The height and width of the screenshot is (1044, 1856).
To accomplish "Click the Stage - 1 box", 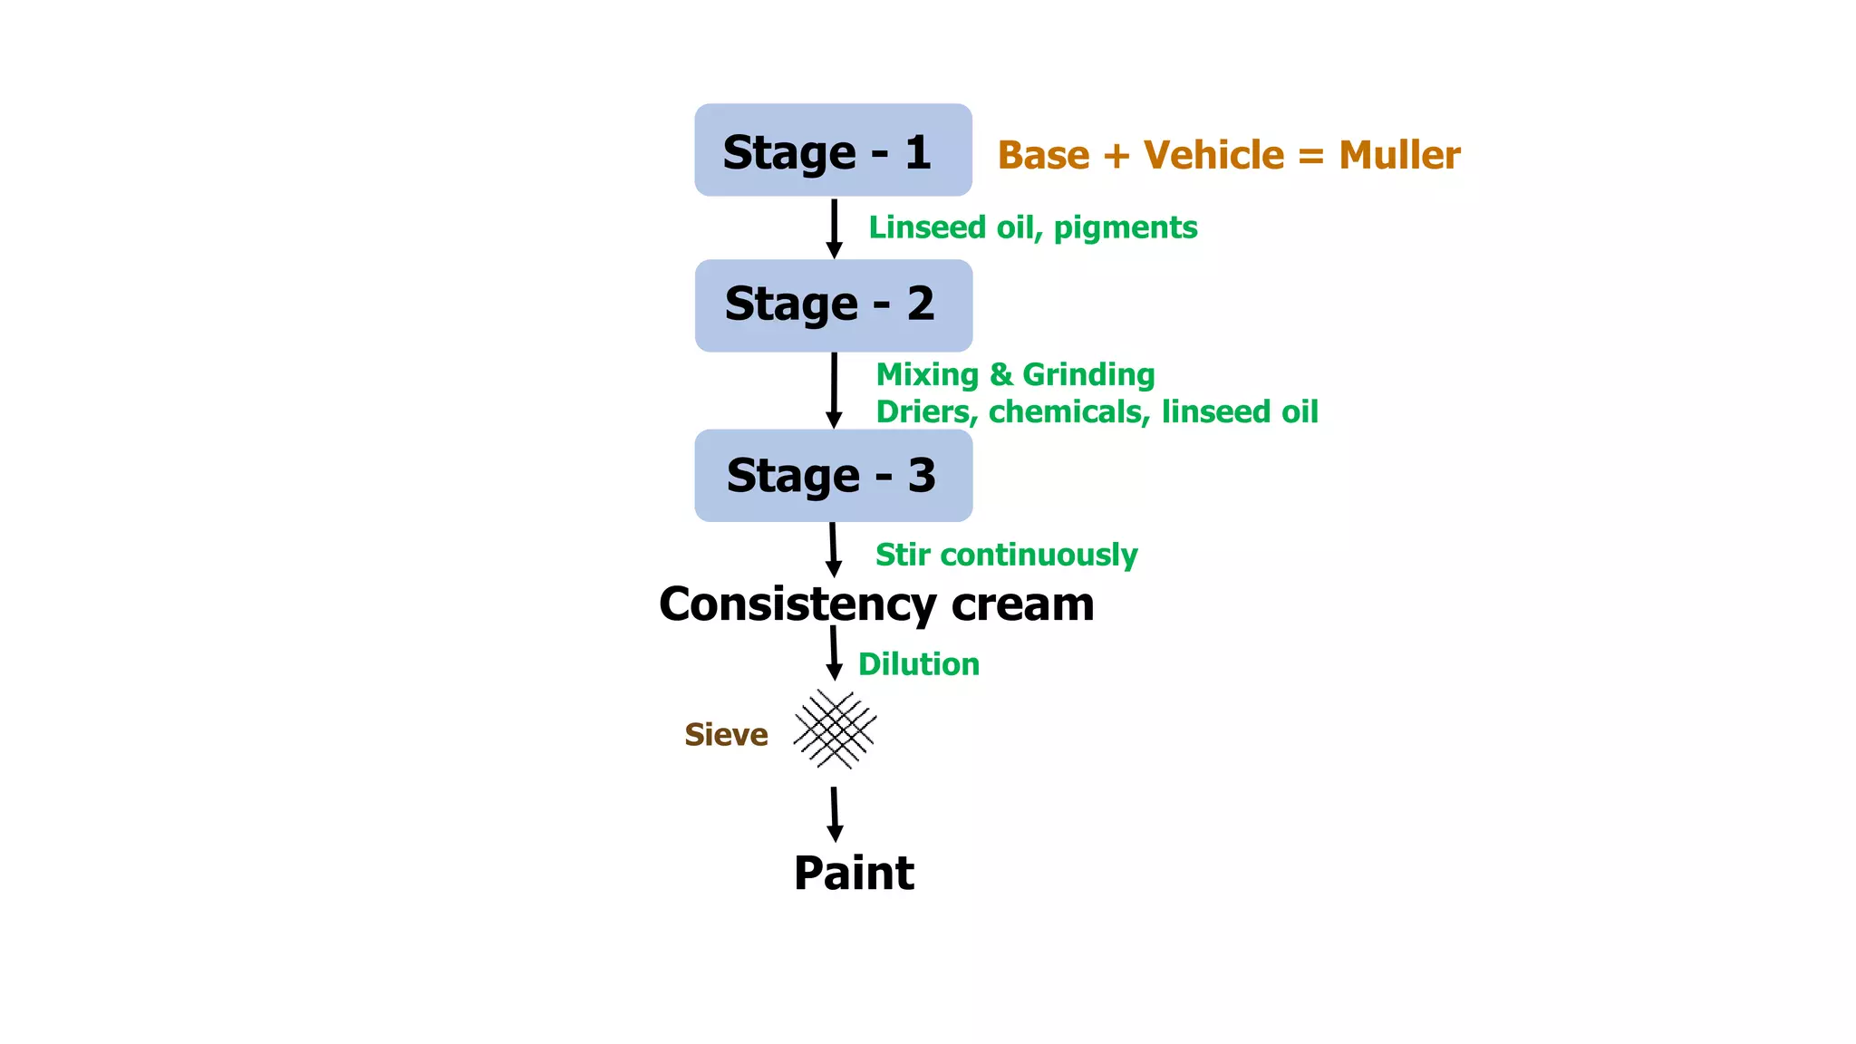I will (833, 150).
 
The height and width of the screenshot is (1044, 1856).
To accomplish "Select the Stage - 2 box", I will (833, 305).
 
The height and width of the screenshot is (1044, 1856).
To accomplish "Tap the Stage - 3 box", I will (833, 476).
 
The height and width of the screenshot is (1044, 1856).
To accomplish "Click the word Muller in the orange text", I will (1399, 156).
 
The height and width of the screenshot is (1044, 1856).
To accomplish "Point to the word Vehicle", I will (1213, 156).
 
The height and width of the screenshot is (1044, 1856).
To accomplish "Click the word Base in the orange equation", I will (1043, 156).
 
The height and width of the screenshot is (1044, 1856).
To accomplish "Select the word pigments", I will (1125, 228).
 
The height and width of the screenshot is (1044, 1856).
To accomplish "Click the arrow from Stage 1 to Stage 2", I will (835, 228).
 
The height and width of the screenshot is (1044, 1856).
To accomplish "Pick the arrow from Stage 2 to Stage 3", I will (835, 391).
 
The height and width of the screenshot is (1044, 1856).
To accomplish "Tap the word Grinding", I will (1088, 374).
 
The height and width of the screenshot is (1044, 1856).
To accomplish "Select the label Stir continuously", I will (1006, 555).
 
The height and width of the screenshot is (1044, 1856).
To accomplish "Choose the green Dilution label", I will (919, 664).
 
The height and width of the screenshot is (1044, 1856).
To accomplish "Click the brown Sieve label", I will (726, 734).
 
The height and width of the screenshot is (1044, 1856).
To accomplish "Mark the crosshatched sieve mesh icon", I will (835, 730).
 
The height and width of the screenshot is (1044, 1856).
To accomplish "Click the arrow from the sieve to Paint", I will (835, 814).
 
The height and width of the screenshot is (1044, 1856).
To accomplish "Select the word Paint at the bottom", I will (854, 874).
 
